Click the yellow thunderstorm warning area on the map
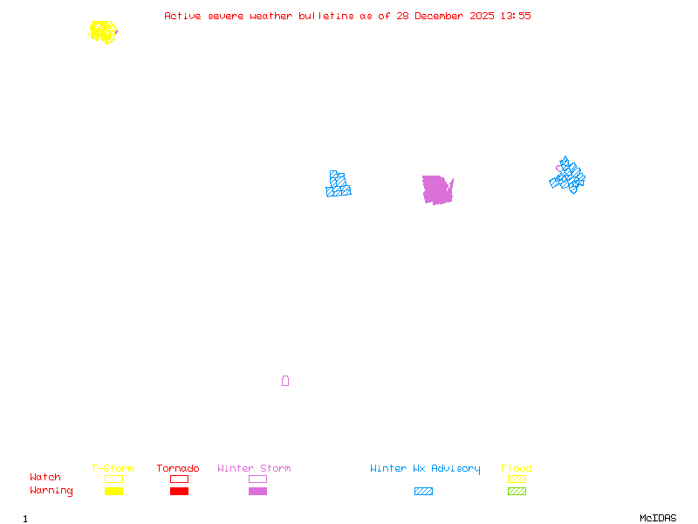click(103, 32)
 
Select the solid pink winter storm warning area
click(436, 190)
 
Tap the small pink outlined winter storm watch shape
click(285, 381)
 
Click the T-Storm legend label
click(113, 469)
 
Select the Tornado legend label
click(178, 469)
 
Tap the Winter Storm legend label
click(254, 469)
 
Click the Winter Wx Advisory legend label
click(425, 469)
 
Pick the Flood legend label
click(517, 469)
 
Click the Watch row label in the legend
click(45, 478)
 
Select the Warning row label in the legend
click(51, 491)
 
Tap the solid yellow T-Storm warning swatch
click(113, 492)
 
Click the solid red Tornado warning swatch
click(179, 492)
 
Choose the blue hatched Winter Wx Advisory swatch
click(423, 492)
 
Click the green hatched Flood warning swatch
click(517, 492)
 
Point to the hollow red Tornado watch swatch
click(179, 479)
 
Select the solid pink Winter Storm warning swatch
click(257, 492)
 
